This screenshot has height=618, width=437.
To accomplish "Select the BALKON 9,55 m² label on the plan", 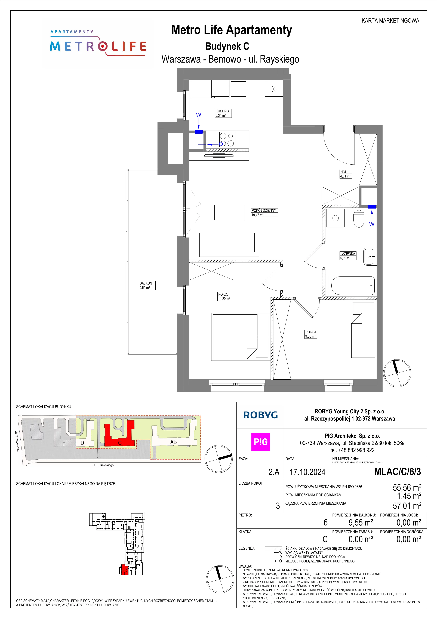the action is [x=147, y=285].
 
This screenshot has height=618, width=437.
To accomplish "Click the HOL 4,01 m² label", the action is [x=346, y=174].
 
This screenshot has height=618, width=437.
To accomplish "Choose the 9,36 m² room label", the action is [x=310, y=334].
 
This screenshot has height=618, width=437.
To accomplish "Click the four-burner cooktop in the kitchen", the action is [x=227, y=139].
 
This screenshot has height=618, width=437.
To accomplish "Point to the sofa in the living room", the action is [x=229, y=244].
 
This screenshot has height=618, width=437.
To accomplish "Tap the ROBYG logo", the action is [x=260, y=415].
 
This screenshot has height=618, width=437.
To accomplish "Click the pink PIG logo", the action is [x=260, y=442].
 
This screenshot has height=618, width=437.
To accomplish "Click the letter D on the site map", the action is [x=82, y=443].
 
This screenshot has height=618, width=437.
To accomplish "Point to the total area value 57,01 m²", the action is [x=407, y=506].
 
